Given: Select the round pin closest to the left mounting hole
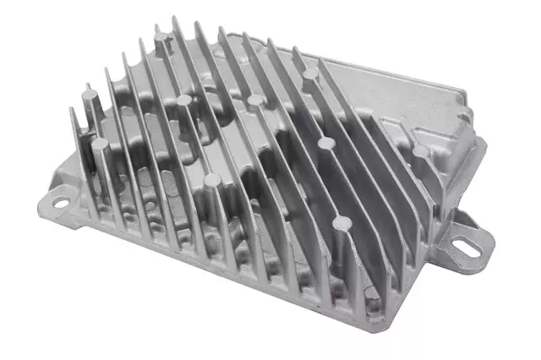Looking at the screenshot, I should (x=100, y=145).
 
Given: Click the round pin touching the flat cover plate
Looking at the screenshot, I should (x=311, y=74).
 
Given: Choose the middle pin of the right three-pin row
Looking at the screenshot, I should (x=325, y=143).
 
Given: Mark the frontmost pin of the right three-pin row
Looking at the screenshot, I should (x=342, y=224).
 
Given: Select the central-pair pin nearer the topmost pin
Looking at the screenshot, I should (x=184, y=101).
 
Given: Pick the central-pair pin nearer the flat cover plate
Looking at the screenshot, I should (x=254, y=101).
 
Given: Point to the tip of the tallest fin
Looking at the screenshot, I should (x=176, y=18).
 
